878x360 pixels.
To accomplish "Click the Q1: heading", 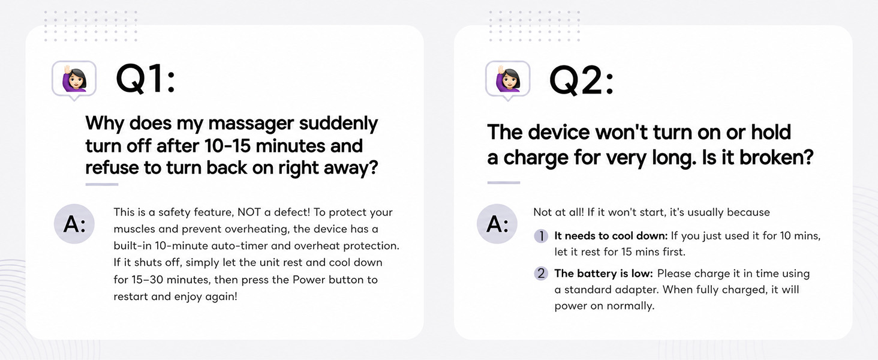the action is tap(145, 80).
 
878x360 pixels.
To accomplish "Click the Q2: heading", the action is tap(581, 80).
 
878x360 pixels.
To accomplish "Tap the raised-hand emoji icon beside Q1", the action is tap(74, 80).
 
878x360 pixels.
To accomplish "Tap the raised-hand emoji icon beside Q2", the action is tap(507, 80).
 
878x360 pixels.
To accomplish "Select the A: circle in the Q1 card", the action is tap(74, 224).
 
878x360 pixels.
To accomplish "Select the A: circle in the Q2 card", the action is tap(497, 224).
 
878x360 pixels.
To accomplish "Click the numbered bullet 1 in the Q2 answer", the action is tap(541, 236).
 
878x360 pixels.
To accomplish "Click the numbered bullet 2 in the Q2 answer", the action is tap(541, 274).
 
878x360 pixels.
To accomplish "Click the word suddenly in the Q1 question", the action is tap(338, 124).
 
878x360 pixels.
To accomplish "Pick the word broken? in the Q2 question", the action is tap(776, 157).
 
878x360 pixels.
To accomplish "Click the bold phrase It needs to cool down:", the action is tap(611, 236).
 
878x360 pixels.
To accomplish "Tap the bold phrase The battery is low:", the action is tap(603, 274).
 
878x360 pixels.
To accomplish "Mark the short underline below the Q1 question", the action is tap(102, 184).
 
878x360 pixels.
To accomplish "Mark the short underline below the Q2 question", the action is tap(504, 183).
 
